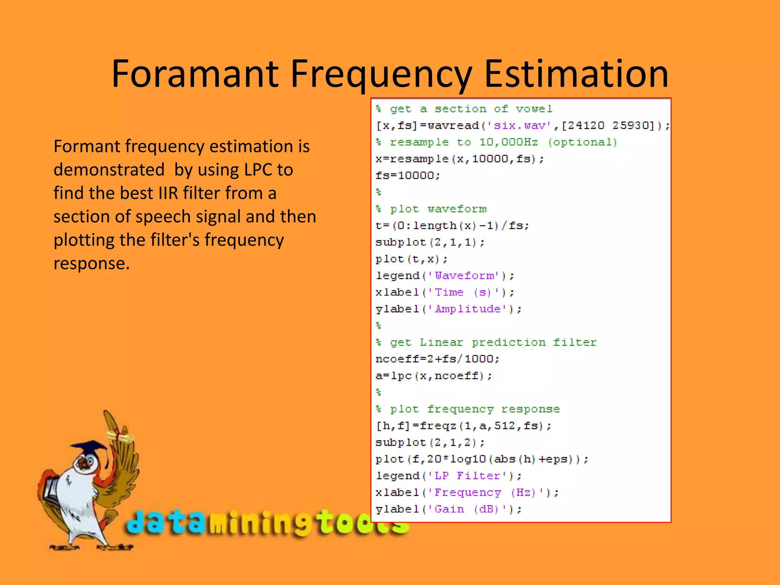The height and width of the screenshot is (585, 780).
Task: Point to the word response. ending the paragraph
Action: click(91, 264)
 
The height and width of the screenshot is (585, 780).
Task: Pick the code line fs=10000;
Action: click(408, 176)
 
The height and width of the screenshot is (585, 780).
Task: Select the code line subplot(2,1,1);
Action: click(430, 242)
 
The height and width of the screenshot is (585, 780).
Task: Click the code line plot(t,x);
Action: click(411, 259)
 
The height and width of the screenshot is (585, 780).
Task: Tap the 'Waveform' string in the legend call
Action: click(467, 276)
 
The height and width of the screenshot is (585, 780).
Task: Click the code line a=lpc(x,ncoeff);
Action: click(433, 376)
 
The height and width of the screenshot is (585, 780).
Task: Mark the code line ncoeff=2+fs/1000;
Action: click(437, 359)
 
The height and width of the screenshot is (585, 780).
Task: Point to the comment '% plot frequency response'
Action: click(468, 409)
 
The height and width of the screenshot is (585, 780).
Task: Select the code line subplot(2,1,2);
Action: click(430, 443)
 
